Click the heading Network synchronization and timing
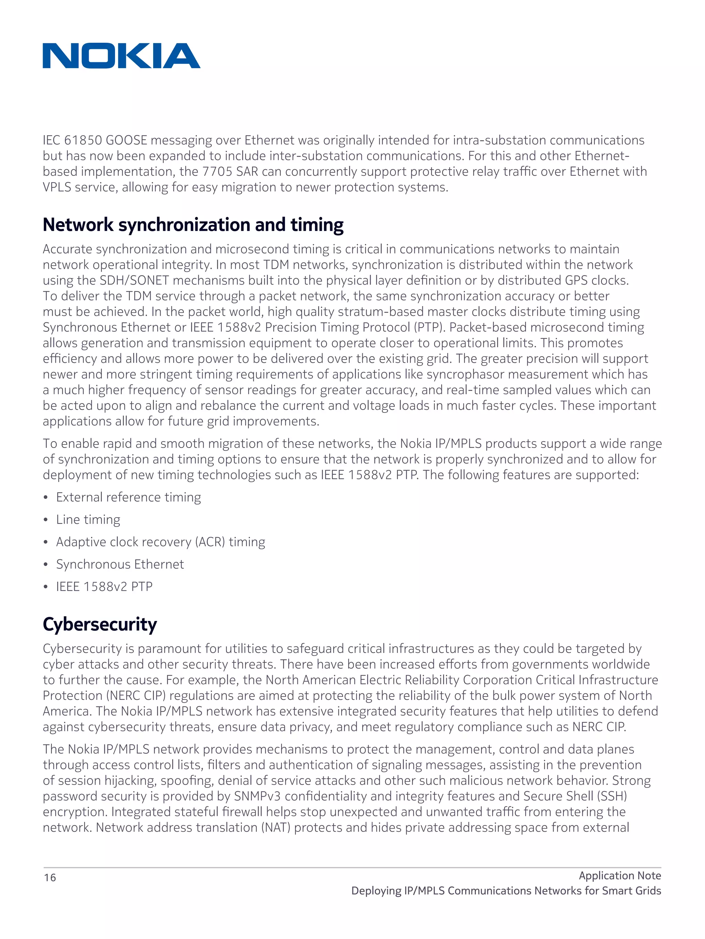[x=193, y=225]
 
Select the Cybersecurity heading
[x=100, y=624]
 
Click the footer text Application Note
[x=619, y=875]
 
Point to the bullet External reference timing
[x=128, y=497]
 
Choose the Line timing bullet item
[x=88, y=520]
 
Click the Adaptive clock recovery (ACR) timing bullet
[x=160, y=542]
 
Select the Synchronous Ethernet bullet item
[x=120, y=564]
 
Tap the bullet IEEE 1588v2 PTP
[x=104, y=587]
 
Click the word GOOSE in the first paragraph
[x=126, y=140]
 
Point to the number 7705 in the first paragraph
[x=217, y=172]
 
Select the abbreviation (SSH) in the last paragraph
[x=612, y=796]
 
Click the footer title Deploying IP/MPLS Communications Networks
[x=506, y=891]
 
